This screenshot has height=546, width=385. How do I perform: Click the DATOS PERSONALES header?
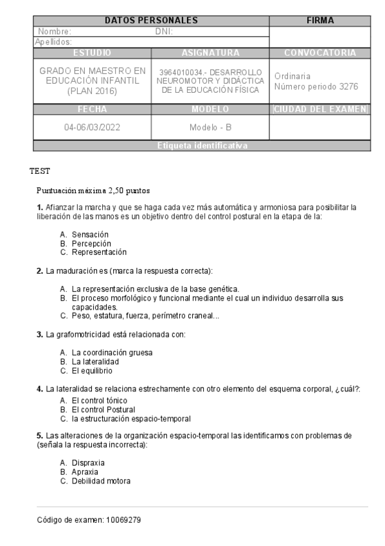[150, 21]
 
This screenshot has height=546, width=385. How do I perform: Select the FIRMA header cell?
[320, 21]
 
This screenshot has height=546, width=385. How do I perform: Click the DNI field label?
[165, 31]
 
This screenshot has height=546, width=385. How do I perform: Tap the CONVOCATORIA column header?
[320, 52]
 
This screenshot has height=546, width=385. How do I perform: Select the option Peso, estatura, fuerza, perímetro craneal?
[145, 315]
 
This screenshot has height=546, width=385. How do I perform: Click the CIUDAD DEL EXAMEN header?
[320, 109]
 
